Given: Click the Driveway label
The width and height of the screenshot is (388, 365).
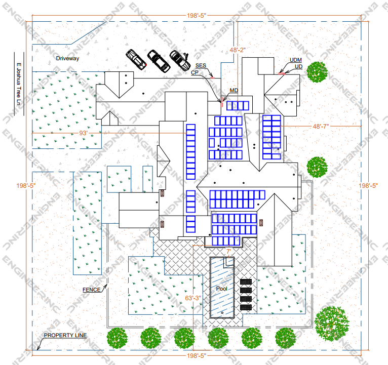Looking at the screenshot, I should tap(68, 59).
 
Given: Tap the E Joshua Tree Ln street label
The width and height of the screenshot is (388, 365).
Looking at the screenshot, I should tap(18, 84).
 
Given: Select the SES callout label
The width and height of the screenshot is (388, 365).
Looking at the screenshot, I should tap(201, 66).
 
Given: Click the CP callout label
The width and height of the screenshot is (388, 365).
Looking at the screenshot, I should tap(195, 72).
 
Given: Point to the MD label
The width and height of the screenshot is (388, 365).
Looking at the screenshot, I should tap(234, 91).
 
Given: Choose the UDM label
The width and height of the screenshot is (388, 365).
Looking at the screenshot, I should tap(295, 60).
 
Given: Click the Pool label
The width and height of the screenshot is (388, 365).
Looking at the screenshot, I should tap(221, 289).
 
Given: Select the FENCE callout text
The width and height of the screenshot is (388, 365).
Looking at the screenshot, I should tap(92, 290).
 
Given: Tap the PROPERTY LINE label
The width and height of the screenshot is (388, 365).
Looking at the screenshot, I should tap(65, 336).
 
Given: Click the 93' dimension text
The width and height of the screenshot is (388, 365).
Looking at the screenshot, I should tap(84, 133).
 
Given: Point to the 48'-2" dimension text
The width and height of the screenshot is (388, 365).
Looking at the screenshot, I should tap(237, 50).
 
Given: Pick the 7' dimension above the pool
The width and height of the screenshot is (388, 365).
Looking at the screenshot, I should tap(228, 251).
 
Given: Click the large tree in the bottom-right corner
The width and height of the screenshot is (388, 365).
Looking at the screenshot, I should tap(331, 323).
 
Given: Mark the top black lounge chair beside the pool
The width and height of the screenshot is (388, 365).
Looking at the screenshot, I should tap(246, 281).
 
